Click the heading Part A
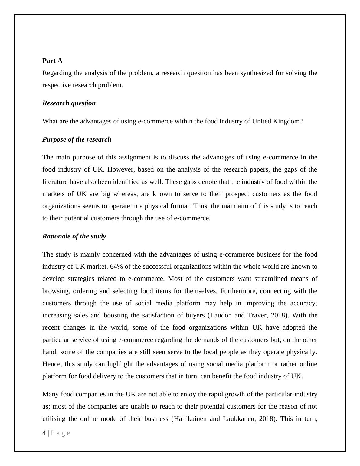click(52, 61)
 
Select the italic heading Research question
click(69, 103)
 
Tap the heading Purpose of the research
click(77, 139)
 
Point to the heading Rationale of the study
click(74, 236)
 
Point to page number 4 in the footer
click(44, 433)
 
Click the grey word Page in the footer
click(61, 433)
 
